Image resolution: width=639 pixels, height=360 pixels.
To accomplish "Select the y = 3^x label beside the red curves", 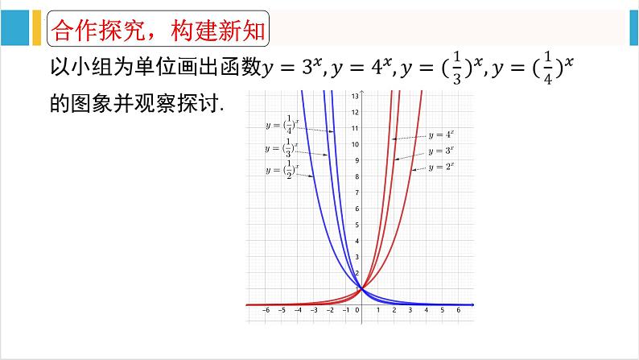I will [440, 151].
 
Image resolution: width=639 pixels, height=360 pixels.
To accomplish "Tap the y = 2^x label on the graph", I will [442, 167].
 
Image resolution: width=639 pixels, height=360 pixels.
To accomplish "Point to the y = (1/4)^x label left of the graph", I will [282, 125].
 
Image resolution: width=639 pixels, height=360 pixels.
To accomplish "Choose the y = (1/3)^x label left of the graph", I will [282, 147].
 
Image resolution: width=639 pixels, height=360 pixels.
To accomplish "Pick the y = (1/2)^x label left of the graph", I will [282, 169].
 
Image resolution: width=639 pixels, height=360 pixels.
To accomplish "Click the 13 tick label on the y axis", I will [355, 96].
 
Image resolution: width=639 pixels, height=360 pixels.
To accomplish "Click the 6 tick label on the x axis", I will [458, 312].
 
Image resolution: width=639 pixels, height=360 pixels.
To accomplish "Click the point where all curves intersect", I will [361, 288].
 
